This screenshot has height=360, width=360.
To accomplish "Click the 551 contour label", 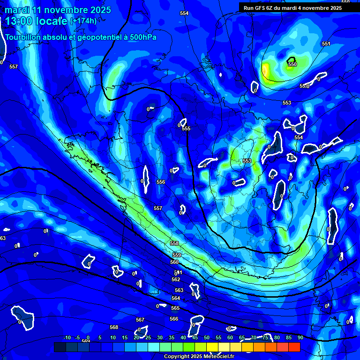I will (326, 44).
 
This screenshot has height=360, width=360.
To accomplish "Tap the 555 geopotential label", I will (187, 128).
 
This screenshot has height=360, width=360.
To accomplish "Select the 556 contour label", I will (161, 182).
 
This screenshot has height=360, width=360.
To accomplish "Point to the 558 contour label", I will (174, 243).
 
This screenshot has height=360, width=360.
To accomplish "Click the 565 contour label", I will (175, 308).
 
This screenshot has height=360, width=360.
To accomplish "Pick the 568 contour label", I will (114, 327).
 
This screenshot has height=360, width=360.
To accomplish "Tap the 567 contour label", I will (140, 320).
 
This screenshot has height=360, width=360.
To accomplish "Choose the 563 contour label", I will (179, 290).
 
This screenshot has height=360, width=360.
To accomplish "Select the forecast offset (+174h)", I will (83, 21).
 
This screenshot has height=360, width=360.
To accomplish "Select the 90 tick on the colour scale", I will (300, 337).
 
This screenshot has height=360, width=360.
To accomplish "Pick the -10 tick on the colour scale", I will (67, 337).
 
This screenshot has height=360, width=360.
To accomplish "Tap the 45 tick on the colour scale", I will (195, 337).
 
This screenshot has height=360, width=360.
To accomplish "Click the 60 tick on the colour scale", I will (230, 337).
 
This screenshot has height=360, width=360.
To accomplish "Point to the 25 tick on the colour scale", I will (148, 337).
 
